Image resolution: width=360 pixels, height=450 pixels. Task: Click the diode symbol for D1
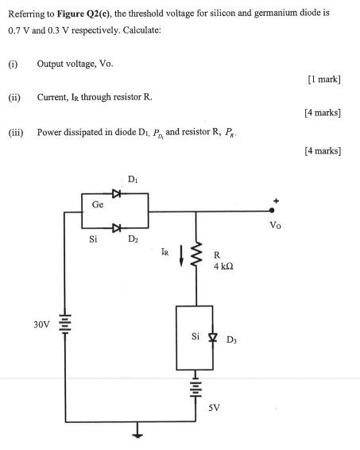117,193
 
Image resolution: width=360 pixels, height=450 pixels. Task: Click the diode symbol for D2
117,229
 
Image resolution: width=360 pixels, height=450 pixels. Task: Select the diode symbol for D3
211,337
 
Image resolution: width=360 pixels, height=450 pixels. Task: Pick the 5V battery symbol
192,387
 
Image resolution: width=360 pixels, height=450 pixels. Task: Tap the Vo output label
275,225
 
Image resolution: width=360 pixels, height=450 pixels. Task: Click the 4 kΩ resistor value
222,266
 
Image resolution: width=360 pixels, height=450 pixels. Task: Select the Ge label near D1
97,204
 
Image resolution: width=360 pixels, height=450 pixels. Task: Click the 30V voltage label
41,324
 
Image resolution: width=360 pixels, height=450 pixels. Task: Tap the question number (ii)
14,96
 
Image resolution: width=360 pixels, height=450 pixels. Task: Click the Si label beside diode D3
195,336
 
